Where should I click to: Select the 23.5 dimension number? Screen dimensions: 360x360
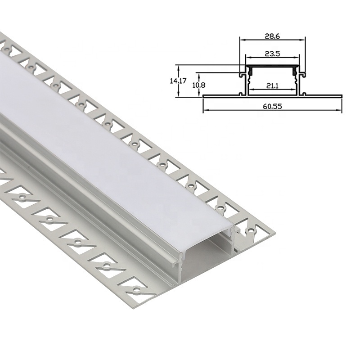[x=272, y=53]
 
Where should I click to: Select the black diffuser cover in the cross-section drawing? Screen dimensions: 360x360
[x=272, y=66]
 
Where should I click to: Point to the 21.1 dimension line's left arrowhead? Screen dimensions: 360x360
[x=250, y=89]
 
